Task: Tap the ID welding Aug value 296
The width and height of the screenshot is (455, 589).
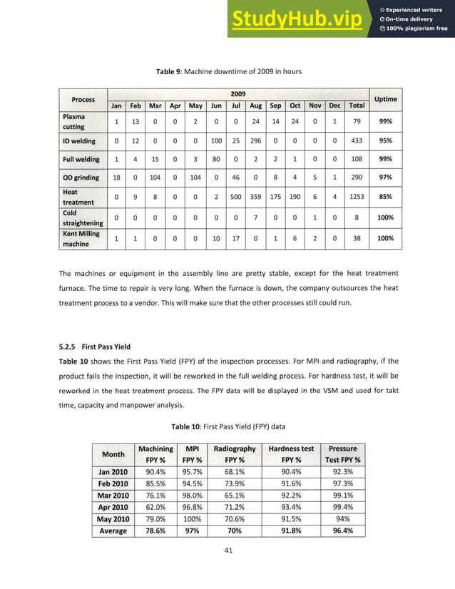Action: click(x=255, y=141)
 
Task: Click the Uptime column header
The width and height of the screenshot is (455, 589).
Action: click(x=386, y=99)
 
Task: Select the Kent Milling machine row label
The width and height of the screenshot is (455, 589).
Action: click(x=81, y=239)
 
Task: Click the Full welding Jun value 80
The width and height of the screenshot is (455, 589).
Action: click(x=215, y=159)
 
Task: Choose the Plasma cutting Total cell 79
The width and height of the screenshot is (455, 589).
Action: click(x=357, y=121)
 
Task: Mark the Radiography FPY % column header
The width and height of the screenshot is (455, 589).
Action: click(x=235, y=454)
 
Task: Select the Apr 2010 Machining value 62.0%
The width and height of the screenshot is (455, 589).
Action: click(x=155, y=507)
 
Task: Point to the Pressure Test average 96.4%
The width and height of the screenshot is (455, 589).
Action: click(x=342, y=531)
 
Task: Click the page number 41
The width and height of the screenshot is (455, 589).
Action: click(x=228, y=550)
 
